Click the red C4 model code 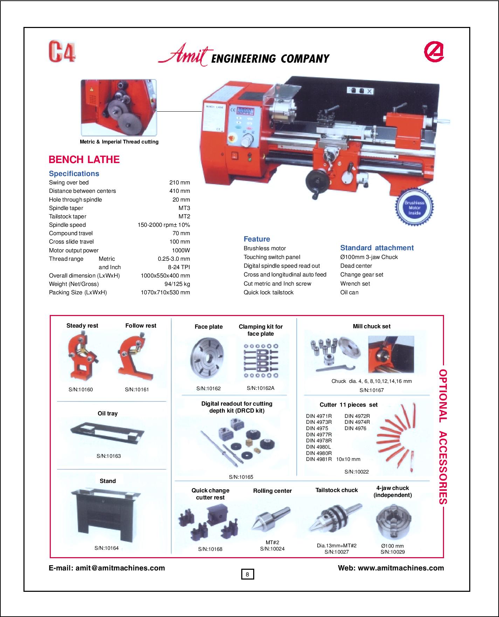(62, 52)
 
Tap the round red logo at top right (434, 51)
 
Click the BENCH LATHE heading (84, 160)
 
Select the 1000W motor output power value (181, 250)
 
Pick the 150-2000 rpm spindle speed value (164, 225)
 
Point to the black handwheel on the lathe (317, 182)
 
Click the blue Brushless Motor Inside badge (414, 208)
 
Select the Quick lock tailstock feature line (268, 292)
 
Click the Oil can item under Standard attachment (349, 292)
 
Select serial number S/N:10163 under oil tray (109, 456)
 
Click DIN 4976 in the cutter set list (355, 428)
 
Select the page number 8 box (247, 574)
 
